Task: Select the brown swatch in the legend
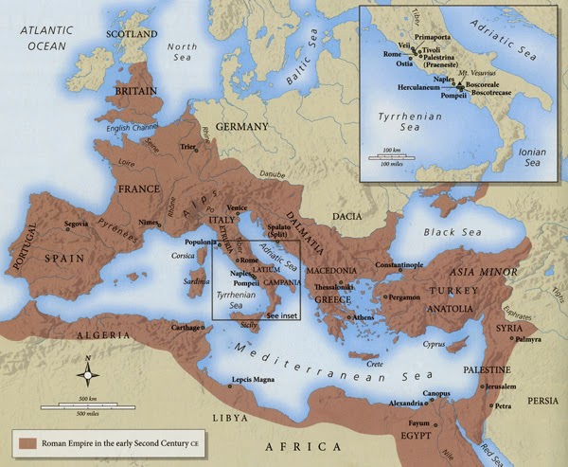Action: tap(23, 442)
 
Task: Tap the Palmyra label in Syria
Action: tap(529, 338)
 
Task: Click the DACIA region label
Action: tap(346, 217)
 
